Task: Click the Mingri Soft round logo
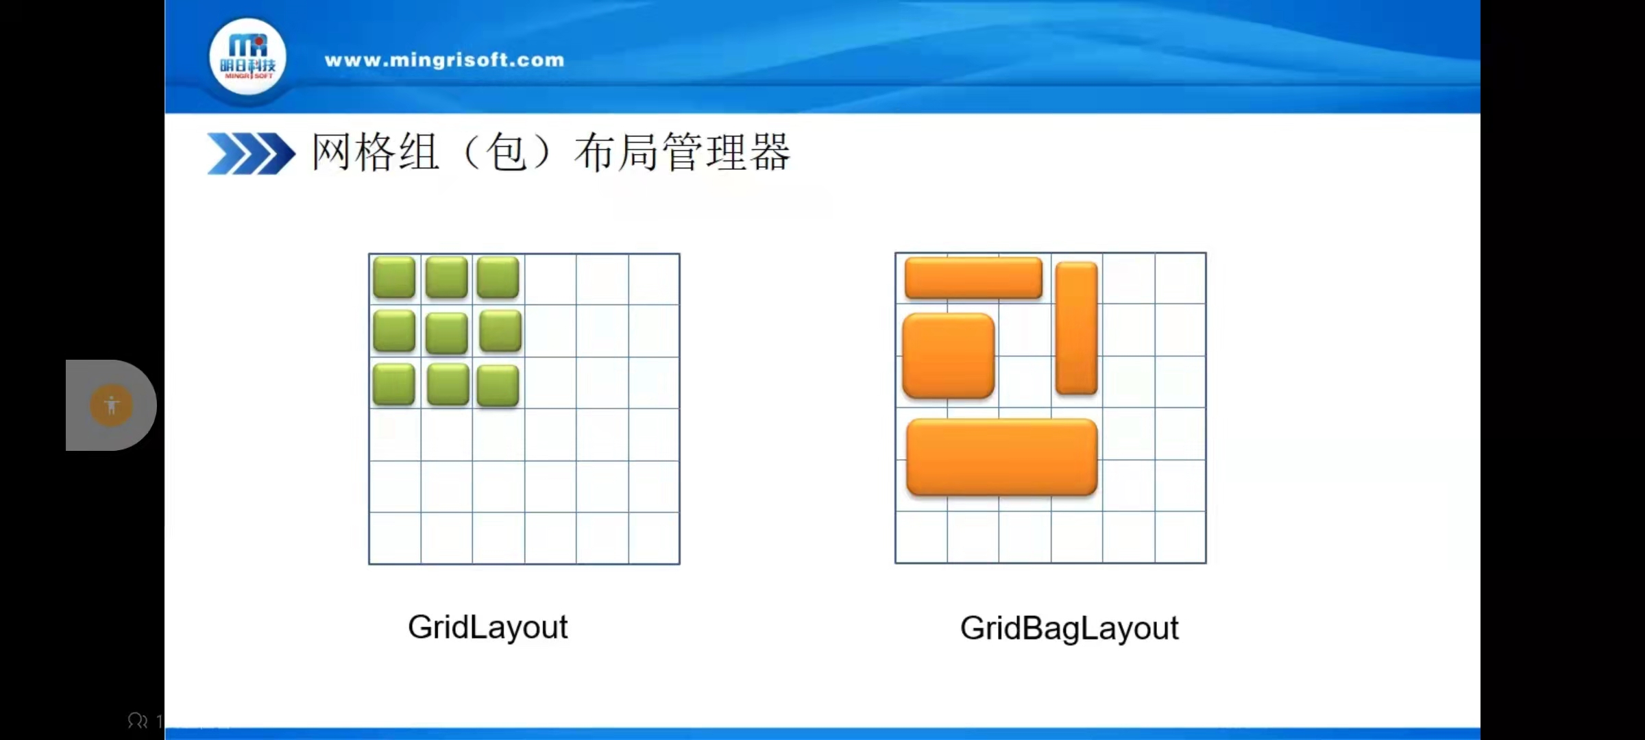point(247,58)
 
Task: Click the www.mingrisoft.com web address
point(444,60)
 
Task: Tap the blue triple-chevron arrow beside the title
point(251,153)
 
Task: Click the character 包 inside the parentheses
point(507,152)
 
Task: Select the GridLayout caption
point(487,627)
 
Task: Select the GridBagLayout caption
point(1069,628)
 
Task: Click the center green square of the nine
point(446,332)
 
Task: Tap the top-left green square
point(394,277)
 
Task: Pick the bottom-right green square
point(498,386)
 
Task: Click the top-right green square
point(498,277)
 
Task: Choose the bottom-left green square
point(394,384)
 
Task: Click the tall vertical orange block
point(1076,328)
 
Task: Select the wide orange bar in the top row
point(973,277)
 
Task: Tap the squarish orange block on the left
point(949,356)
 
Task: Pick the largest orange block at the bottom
point(1001,457)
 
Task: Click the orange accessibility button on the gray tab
point(111,406)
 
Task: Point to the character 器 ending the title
point(770,152)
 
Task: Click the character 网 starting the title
point(332,152)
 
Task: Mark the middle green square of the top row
point(446,277)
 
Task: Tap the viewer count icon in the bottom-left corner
point(138,721)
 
